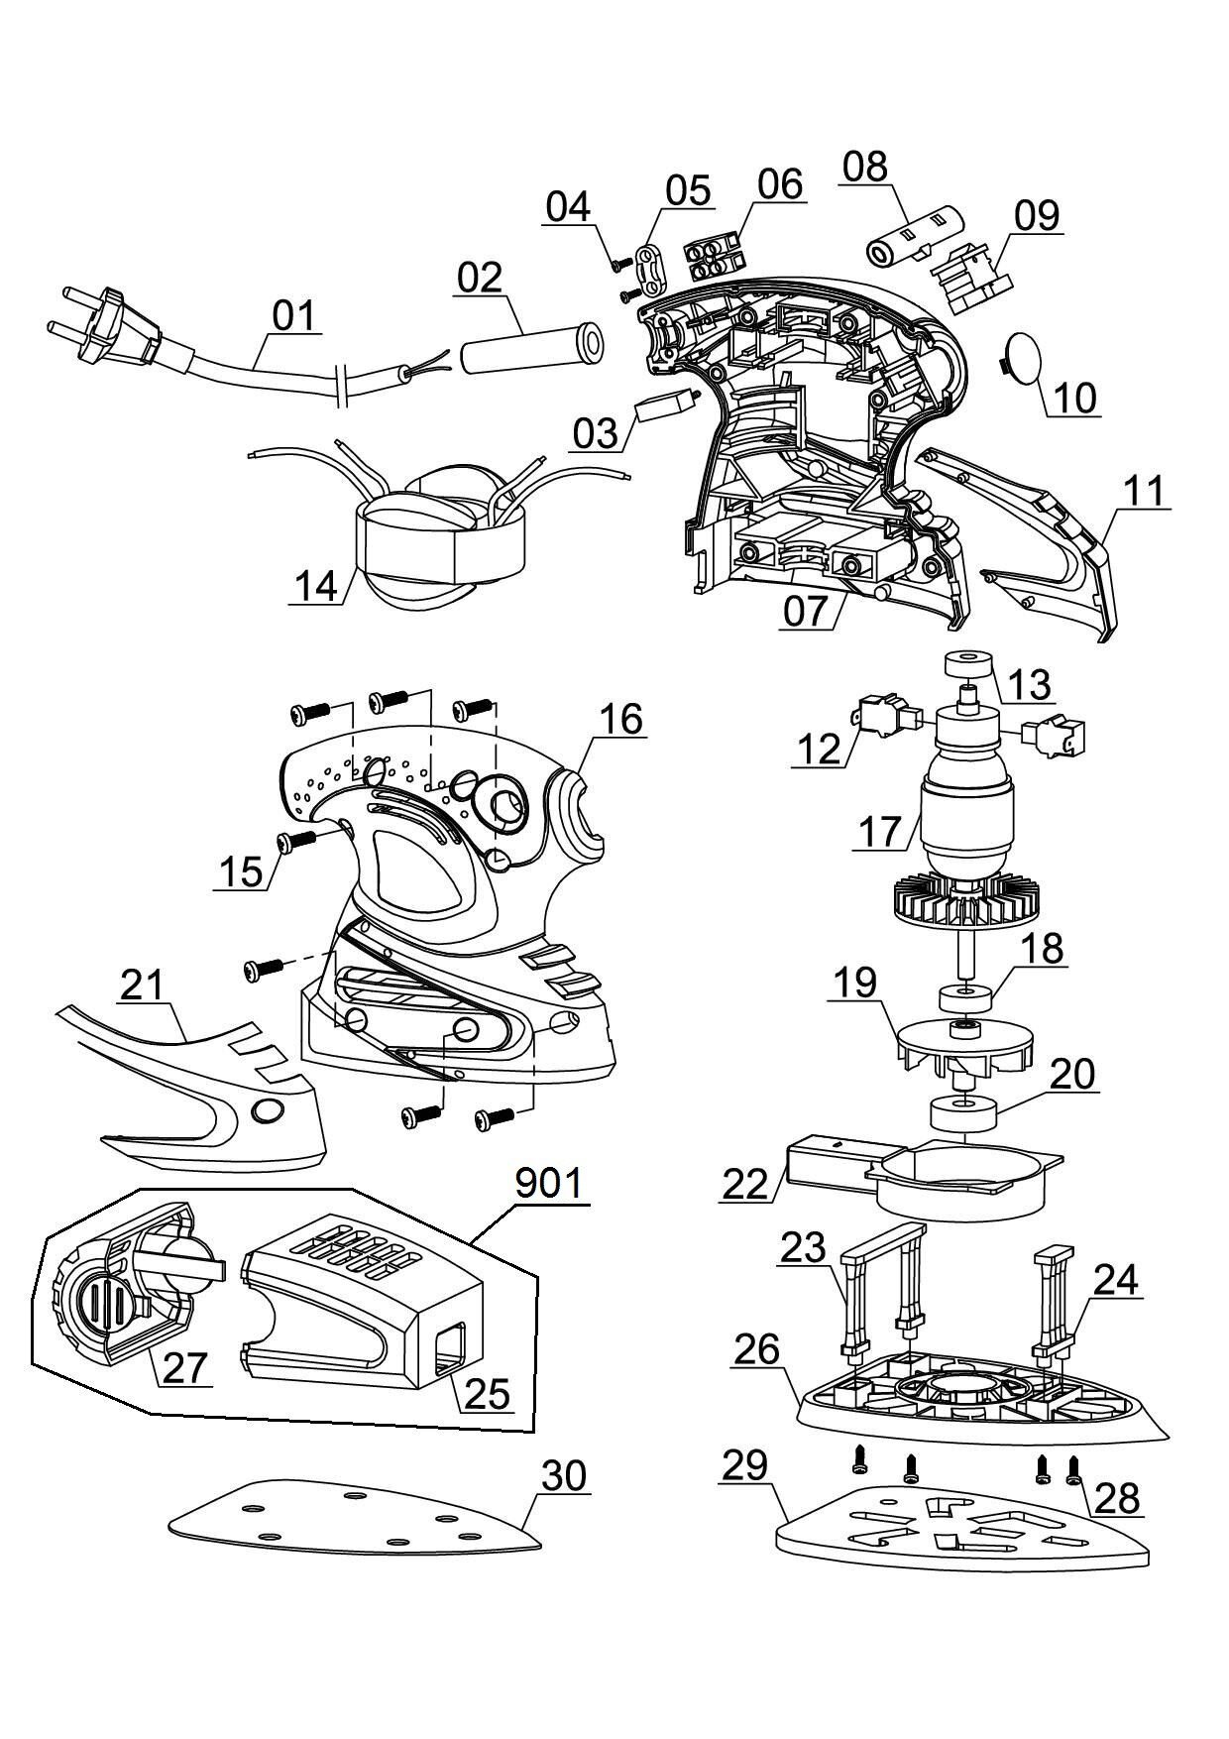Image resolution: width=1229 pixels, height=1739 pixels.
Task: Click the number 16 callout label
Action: [x=620, y=719]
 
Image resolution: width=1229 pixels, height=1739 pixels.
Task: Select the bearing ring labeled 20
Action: [x=963, y=1112]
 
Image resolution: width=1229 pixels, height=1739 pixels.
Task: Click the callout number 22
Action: [x=745, y=1184]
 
